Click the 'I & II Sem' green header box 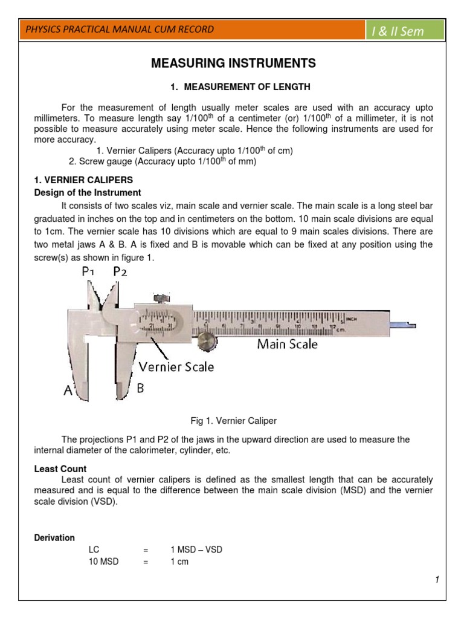click(405, 31)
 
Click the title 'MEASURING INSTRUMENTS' click(233, 63)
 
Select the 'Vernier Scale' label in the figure click(176, 366)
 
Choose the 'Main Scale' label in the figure click(287, 345)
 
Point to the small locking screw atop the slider click(160, 297)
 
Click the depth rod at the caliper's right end click(402, 325)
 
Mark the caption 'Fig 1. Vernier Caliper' click(233, 421)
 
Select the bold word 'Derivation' click(54, 537)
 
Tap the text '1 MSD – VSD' click(197, 549)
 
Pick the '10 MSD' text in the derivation click(103, 562)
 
